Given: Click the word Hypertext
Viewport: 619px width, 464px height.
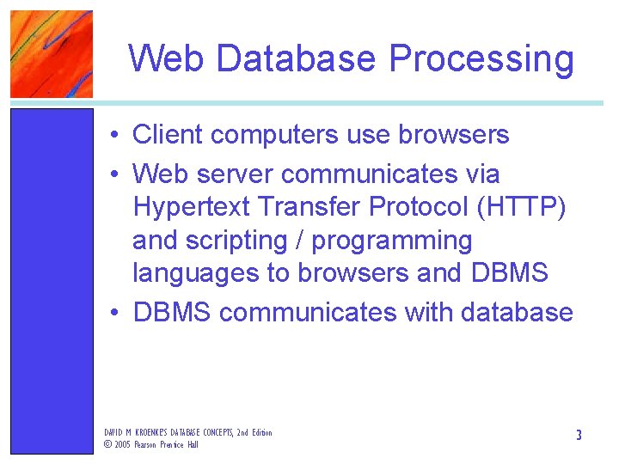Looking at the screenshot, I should pos(190,207).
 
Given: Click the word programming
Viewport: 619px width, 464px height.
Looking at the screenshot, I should pos(392,241).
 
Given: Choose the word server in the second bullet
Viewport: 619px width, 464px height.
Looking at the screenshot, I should pos(235,174).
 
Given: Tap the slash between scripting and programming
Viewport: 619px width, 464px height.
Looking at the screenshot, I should pos(302,241).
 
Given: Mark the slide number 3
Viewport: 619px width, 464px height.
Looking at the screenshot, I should pos(579,436).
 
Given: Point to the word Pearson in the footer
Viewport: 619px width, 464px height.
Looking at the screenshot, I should pos(148,444).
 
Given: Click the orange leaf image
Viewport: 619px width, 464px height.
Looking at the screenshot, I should pos(52,53).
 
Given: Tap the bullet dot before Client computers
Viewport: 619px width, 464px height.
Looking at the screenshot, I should pos(114,136).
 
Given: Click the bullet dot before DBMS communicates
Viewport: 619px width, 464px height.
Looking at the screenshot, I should pos(114,313).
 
